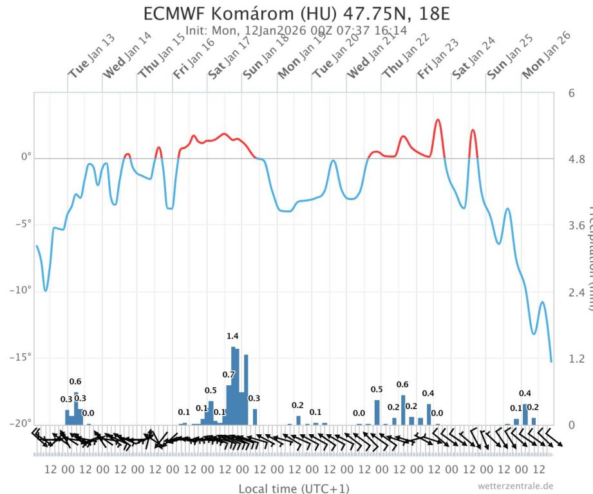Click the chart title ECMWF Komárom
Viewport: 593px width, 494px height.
[296, 14]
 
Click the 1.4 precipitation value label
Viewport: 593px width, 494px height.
[232, 336]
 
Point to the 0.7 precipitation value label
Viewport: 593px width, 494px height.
[229, 374]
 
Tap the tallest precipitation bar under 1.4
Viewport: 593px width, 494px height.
[233, 386]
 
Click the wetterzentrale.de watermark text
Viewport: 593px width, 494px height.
[515, 486]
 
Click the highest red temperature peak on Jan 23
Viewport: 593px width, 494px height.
[438, 120]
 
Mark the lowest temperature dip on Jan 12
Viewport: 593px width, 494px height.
[45, 290]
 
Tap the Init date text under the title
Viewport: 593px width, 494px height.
[296, 30]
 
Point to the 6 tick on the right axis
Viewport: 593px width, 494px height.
[571, 93]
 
